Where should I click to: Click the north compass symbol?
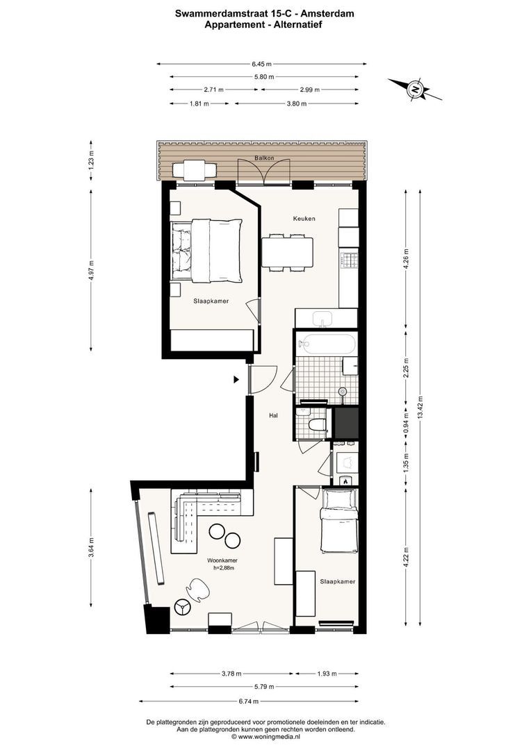(415, 89)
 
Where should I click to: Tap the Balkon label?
(264, 158)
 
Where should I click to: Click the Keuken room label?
(304, 219)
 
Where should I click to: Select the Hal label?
(273, 416)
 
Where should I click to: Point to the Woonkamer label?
(222, 560)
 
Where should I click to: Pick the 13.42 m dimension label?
(420, 406)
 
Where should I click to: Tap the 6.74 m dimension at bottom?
(249, 701)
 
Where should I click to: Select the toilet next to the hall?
(316, 425)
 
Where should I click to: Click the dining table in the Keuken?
(287, 253)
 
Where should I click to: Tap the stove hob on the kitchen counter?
(349, 260)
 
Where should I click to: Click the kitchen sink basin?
(325, 317)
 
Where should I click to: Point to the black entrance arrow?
(236, 380)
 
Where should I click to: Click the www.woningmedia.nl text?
(269, 737)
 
